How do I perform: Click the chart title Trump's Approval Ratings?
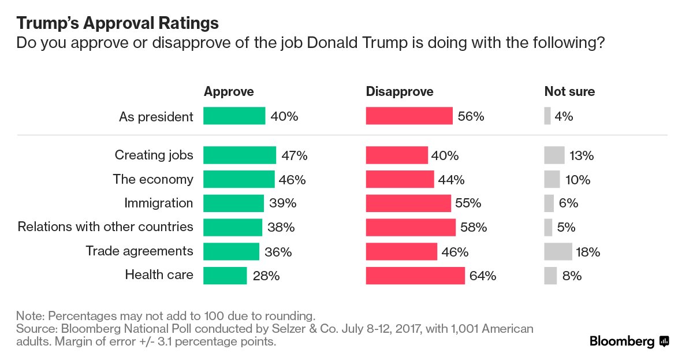(117, 23)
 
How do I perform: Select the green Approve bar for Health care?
(225, 276)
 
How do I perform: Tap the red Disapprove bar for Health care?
(415, 276)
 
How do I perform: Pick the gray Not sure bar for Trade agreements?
(558, 251)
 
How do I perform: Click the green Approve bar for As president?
(234, 116)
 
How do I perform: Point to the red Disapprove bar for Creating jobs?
(397, 155)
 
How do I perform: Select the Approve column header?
(229, 92)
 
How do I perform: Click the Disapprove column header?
(400, 92)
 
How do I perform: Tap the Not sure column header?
(569, 92)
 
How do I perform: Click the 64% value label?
(483, 276)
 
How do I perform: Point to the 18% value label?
(588, 251)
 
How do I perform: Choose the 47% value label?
(295, 155)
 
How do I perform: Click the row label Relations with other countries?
(106, 227)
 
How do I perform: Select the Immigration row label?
(159, 203)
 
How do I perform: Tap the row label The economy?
(153, 179)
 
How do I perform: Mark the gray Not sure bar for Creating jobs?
(554, 155)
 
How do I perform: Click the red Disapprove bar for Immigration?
(408, 203)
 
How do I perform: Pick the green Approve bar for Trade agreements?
(231, 251)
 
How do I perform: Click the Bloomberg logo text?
(622, 342)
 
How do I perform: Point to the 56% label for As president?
(471, 116)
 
